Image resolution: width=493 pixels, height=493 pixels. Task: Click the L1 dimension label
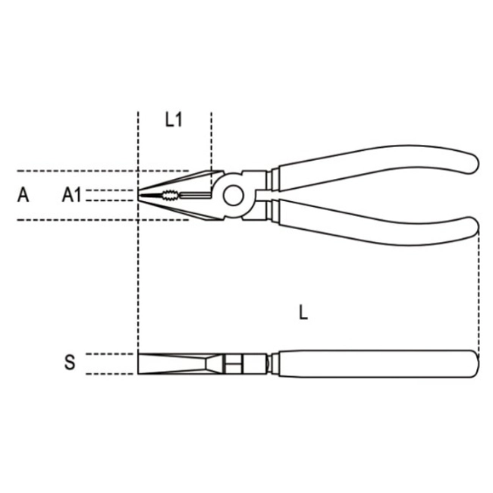(x=174, y=120)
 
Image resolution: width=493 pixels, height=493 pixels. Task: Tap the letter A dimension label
(x=23, y=195)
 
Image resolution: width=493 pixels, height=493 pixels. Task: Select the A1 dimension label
(x=72, y=195)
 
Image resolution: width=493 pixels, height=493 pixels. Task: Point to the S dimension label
(x=70, y=362)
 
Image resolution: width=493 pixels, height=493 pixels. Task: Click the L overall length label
(x=303, y=312)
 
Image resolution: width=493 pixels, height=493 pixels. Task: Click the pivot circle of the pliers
(x=234, y=196)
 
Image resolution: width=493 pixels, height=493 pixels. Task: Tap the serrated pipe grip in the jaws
(x=171, y=196)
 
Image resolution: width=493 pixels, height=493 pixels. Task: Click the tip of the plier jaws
(x=138, y=195)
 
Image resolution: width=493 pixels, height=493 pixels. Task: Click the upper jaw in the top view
(x=179, y=182)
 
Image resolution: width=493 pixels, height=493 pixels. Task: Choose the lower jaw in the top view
(x=179, y=209)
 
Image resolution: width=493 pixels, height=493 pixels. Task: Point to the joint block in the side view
(x=245, y=364)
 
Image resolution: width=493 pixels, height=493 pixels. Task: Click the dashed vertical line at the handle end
(x=479, y=293)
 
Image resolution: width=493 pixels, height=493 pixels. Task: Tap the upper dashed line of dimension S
(x=110, y=354)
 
